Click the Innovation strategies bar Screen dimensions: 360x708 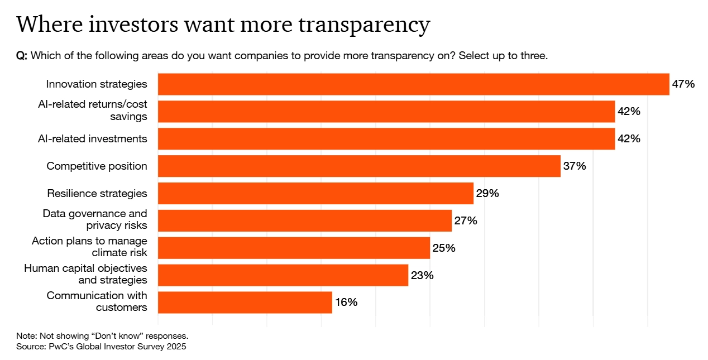tap(413, 84)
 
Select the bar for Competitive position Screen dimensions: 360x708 tap(359, 166)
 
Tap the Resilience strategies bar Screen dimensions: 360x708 tap(315, 194)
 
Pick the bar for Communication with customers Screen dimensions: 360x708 tap(245, 302)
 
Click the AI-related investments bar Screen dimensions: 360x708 tap(386, 139)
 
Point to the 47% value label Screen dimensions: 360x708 tap(683, 84)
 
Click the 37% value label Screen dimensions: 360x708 tap(575, 166)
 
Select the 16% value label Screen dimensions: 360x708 tap(346, 303)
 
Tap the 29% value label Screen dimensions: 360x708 tap(487, 194)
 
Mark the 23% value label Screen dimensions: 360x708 tap(422, 275)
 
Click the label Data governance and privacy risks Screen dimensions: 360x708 tap(95, 219)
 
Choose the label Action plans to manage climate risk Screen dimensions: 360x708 tap(89, 247)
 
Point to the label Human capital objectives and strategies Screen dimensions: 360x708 tap(85, 274)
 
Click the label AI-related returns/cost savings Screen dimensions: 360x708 tap(92, 111)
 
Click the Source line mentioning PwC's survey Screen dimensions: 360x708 tap(101, 347)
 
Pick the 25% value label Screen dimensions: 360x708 tap(444, 248)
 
